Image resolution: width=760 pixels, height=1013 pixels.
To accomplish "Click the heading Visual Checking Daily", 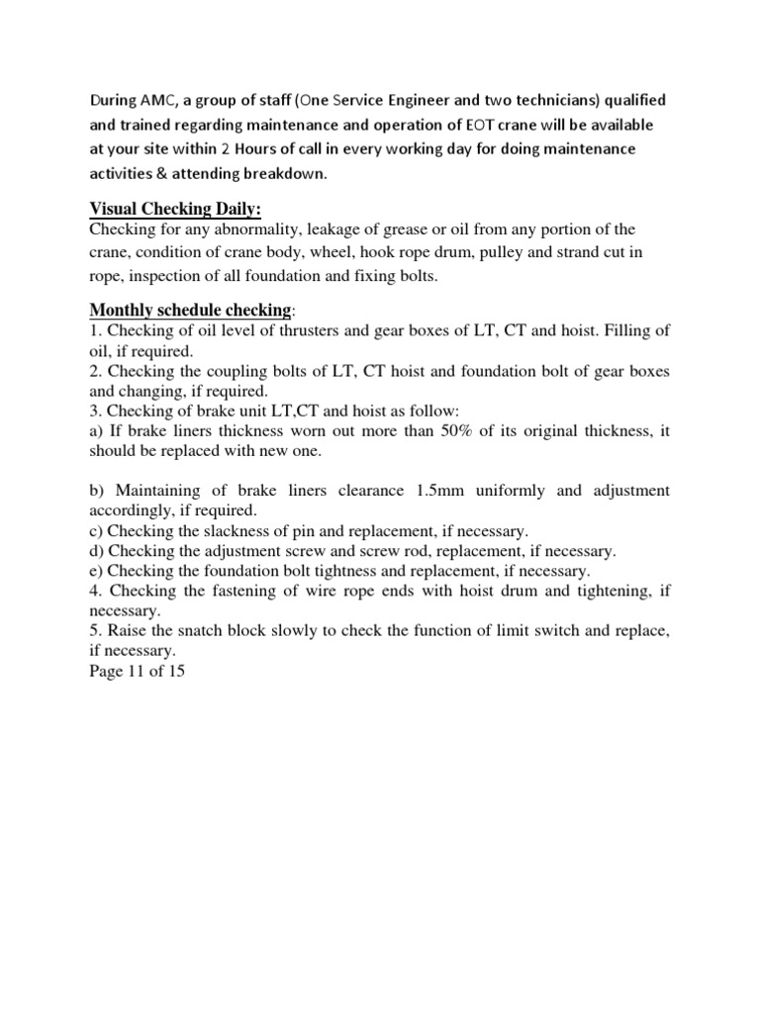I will [175, 209].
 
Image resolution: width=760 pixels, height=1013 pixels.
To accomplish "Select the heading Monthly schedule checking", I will [190, 310].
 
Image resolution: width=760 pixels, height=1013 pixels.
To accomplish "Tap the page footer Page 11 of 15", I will [137, 672].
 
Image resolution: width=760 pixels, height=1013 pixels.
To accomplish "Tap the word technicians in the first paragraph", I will [557, 101].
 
